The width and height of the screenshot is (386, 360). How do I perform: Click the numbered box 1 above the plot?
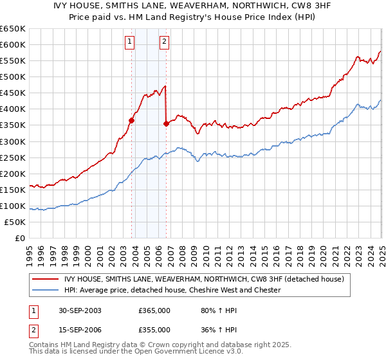coord(130,42)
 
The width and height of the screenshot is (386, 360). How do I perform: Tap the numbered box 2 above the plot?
coord(164,42)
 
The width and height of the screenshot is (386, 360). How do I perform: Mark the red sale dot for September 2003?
coord(132,120)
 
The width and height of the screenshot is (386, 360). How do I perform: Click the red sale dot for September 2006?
coord(167,123)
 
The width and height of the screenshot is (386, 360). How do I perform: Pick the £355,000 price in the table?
coord(154,329)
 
